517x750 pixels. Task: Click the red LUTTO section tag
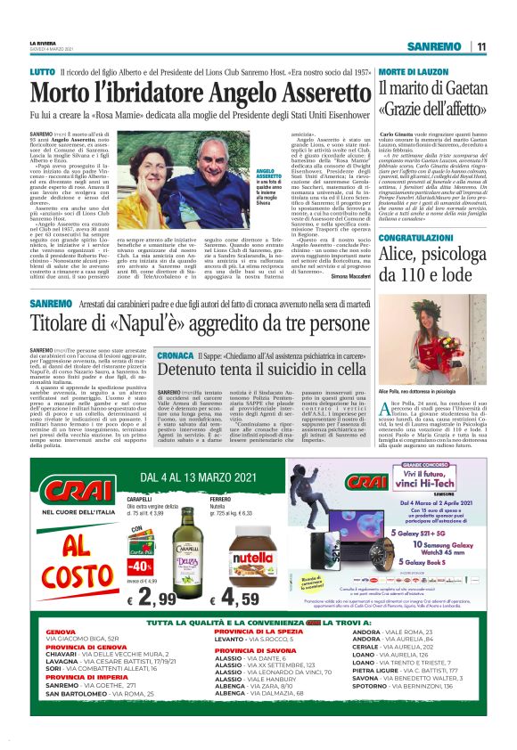click(42, 70)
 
